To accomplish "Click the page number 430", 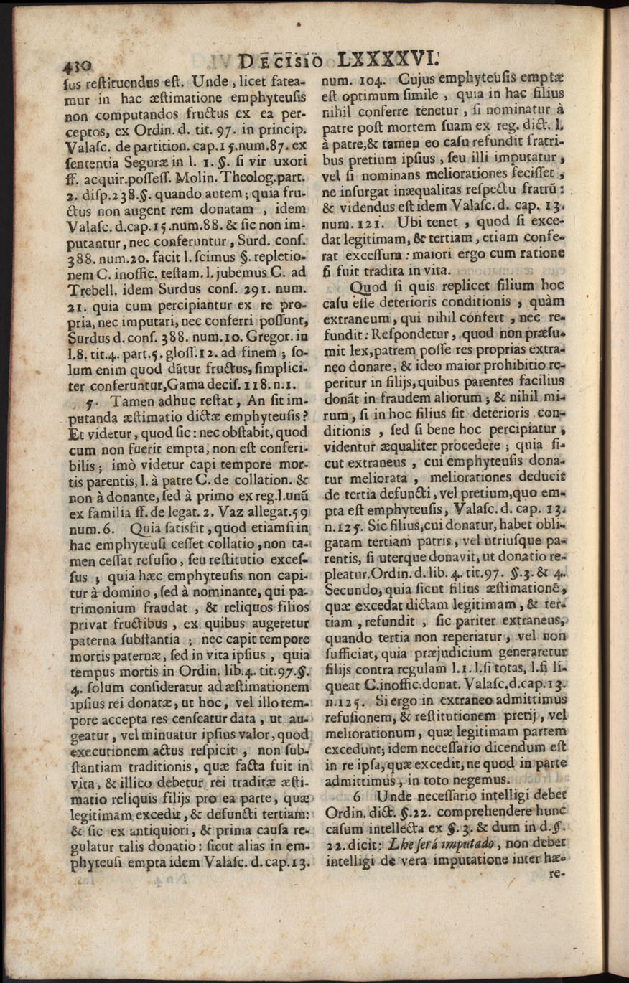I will [x=76, y=65].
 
